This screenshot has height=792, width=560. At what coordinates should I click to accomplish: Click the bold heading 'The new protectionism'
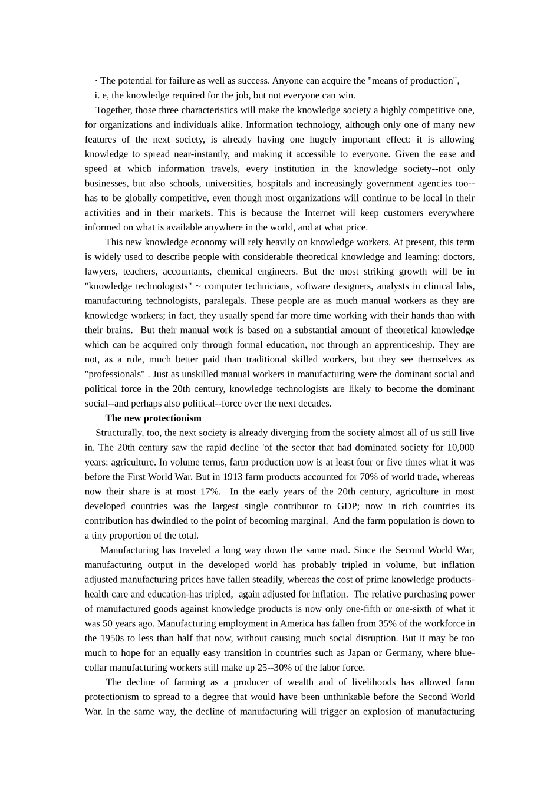click(153, 418)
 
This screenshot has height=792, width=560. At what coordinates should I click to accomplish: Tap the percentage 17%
click(210, 492)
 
